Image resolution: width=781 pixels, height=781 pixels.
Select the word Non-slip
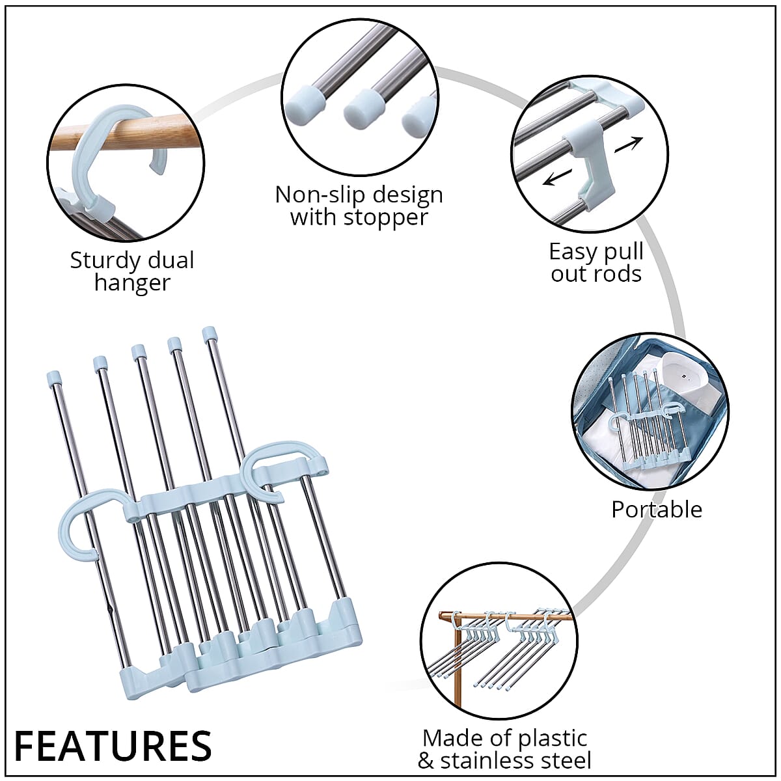(x=312, y=195)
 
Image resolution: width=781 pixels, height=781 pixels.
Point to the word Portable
(x=657, y=509)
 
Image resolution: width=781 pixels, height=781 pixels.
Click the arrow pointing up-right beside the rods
(x=629, y=144)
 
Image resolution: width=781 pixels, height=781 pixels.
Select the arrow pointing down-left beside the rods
(x=558, y=176)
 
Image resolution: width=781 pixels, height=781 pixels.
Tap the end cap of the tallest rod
(x=210, y=334)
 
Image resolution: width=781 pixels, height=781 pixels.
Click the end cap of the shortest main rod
(x=54, y=377)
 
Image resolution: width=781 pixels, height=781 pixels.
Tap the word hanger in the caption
(x=132, y=282)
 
